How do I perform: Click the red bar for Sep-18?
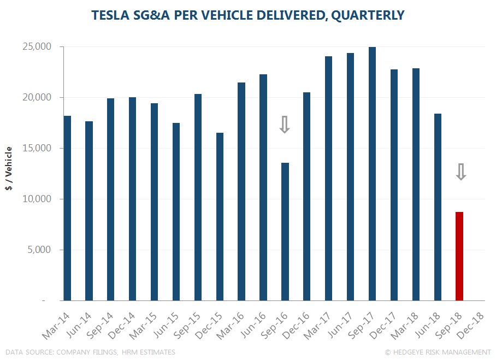click(459, 256)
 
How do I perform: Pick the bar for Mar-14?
click(67, 208)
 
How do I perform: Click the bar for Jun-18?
click(438, 207)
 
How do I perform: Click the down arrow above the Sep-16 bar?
click(285, 125)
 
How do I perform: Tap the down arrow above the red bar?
click(460, 172)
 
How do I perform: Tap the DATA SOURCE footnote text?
click(90, 352)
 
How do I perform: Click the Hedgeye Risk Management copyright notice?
click(438, 352)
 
